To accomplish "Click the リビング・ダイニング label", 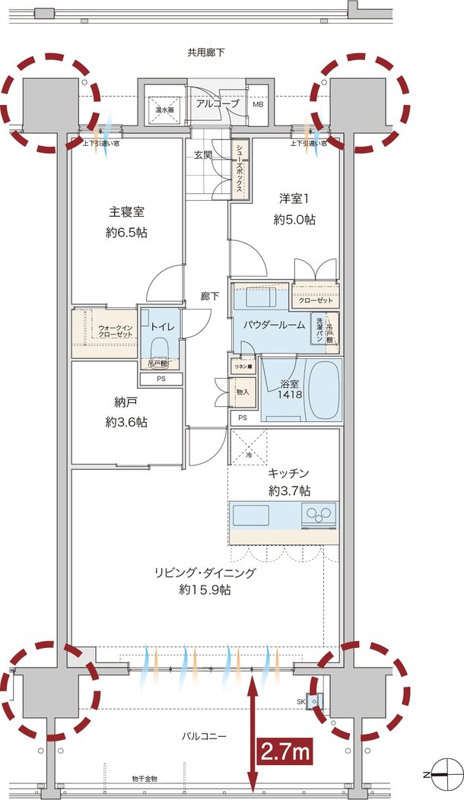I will (x=205, y=573).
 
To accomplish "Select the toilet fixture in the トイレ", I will (x=160, y=347).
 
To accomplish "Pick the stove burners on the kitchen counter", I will (x=319, y=516).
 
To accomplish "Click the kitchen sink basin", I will (x=251, y=516).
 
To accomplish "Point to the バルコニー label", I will (x=205, y=736).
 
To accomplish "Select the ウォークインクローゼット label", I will (x=114, y=331).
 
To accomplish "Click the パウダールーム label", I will (x=274, y=325).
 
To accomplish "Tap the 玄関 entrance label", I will (x=203, y=155).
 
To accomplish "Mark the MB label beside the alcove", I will (x=258, y=103).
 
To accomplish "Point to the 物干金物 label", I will (x=144, y=779).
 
